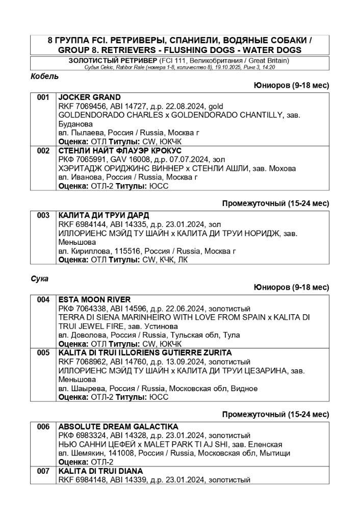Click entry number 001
pos(43,97)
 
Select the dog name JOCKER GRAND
pos(90,97)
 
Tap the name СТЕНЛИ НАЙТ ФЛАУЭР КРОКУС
pos(120,151)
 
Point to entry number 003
pos(43,216)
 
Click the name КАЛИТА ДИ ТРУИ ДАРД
pos(104,216)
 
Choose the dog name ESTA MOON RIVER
pos(94,300)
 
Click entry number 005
pos(43,353)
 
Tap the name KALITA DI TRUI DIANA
pos(100,471)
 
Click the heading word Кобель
pos(45,76)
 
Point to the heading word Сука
pos(39,278)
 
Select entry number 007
pos(43,471)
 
